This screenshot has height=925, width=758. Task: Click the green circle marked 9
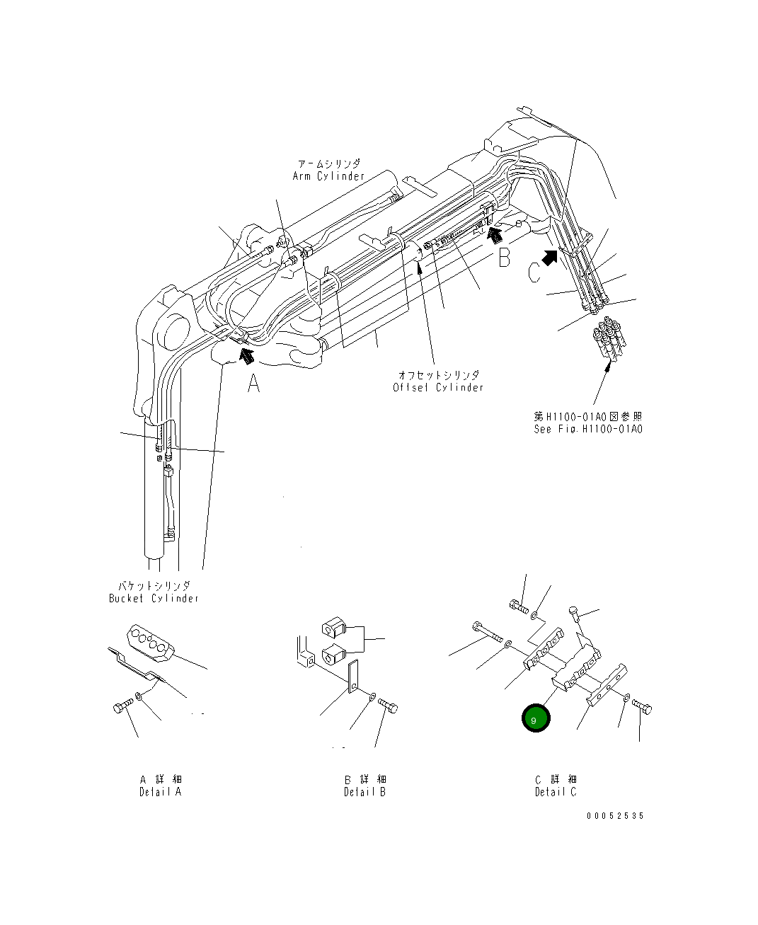click(x=535, y=719)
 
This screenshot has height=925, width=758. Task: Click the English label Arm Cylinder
click(x=328, y=176)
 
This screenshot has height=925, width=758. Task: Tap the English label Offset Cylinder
click(x=439, y=387)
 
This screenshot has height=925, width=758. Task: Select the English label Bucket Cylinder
click(x=154, y=598)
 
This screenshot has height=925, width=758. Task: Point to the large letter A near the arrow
click(x=254, y=384)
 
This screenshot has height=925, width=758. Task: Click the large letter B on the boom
click(x=503, y=258)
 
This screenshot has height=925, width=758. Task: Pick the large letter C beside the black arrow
click(x=535, y=272)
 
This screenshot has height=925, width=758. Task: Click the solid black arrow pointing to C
click(x=550, y=255)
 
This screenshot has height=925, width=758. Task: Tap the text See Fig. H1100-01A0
click(x=588, y=429)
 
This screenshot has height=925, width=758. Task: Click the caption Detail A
click(x=160, y=791)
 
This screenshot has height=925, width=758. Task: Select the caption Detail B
click(x=365, y=792)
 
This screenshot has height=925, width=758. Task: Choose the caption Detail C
click(x=556, y=792)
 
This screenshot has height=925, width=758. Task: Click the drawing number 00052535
click(x=615, y=815)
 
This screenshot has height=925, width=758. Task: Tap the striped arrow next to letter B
click(x=495, y=230)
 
